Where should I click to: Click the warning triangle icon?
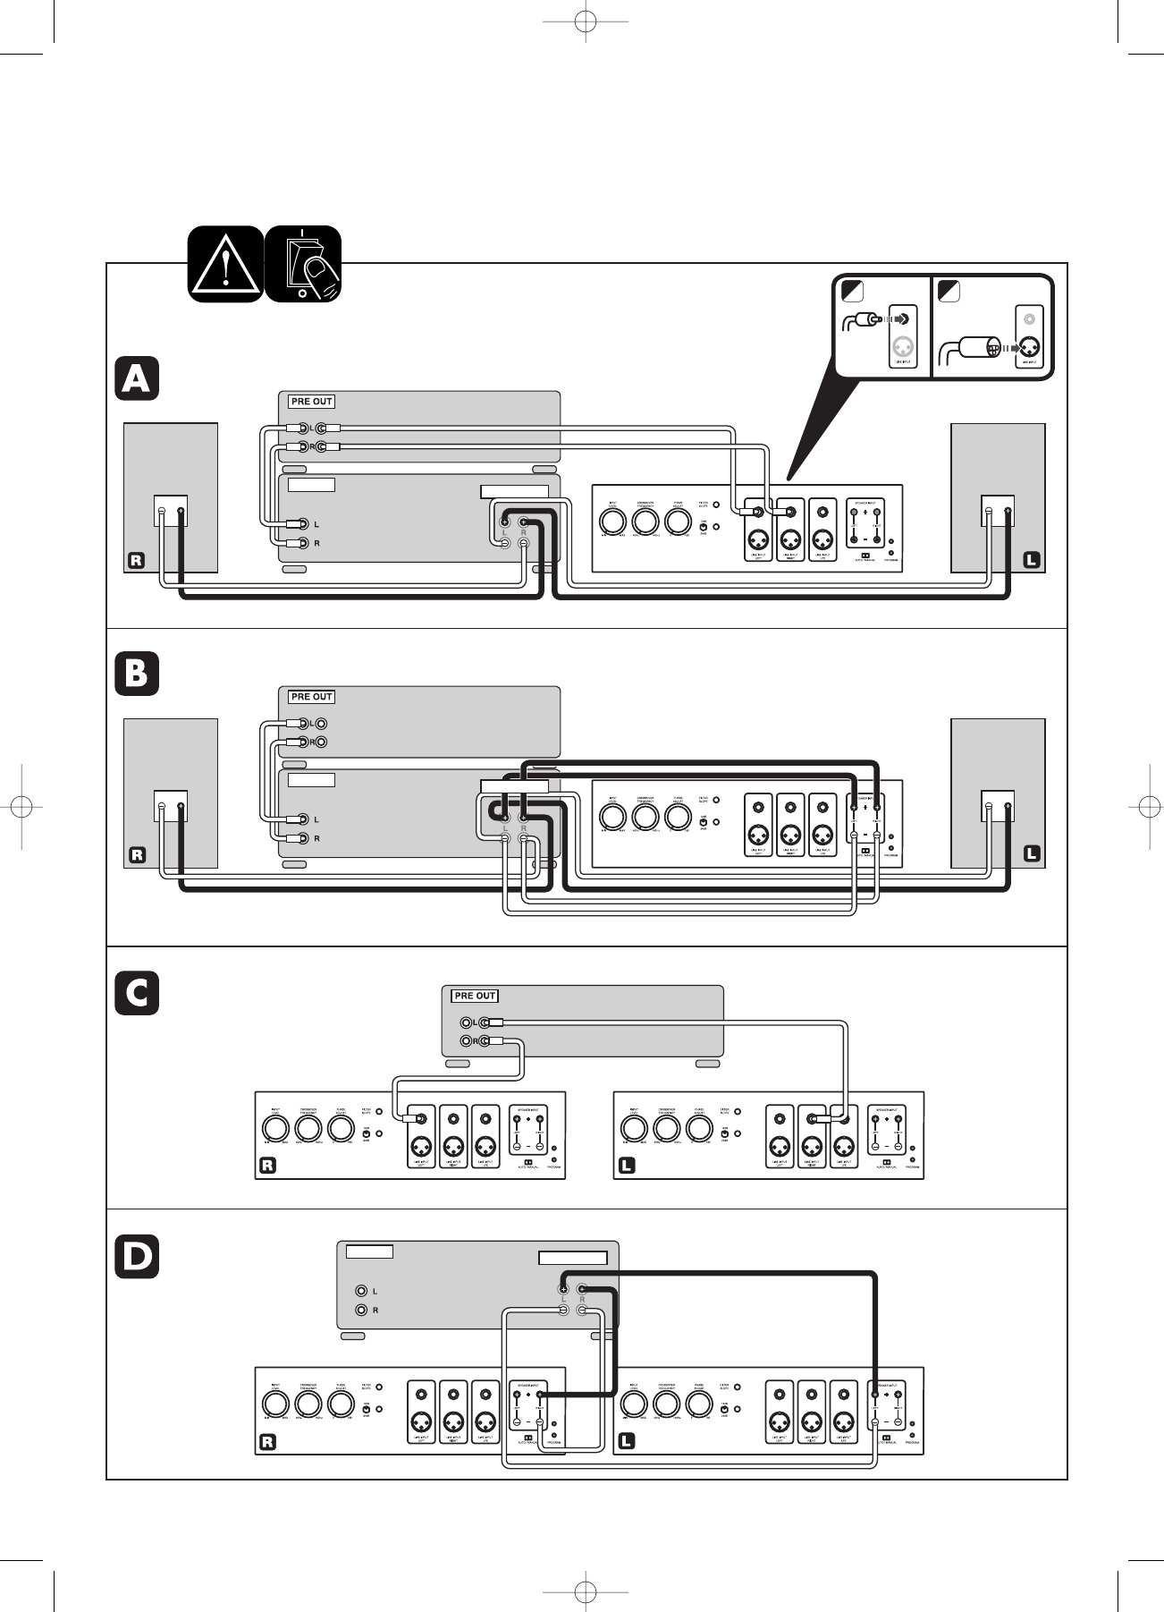coord(226,264)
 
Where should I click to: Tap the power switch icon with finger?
coord(304,264)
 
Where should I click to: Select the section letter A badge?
coord(137,378)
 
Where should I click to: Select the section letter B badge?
coord(137,674)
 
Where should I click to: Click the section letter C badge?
coord(137,993)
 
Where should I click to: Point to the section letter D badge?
coord(137,1256)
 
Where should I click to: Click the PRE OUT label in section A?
coord(311,402)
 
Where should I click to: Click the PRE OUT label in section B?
coord(311,697)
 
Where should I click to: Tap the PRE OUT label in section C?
coord(475,996)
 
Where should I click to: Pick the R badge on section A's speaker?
coord(136,561)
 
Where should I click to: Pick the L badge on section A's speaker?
coord(1031,561)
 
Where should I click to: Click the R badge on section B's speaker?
coord(136,855)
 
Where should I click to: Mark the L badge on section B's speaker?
coord(1031,854)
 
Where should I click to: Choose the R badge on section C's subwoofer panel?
coord(266,1166)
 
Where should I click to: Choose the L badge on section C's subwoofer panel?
coord(626,1166)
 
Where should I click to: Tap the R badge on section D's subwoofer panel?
coord(266,1442)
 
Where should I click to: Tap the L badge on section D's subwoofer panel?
coord(626,1442)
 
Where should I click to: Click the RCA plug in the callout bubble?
coord(863,318)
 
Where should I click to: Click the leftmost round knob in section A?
coord(612,521)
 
